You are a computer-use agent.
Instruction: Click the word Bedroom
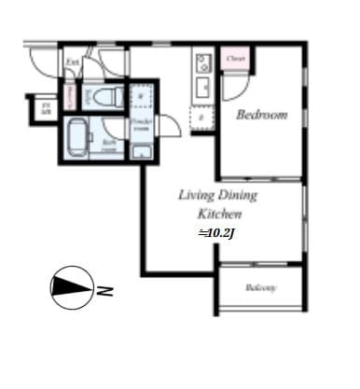click(x=261, y=115)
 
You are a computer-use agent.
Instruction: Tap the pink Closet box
click(x=235, y=59)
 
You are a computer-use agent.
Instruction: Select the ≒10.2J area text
click(x=215, y=232)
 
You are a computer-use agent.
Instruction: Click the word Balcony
click(x=261, y=288)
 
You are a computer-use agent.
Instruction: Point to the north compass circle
click(x=72, y=289)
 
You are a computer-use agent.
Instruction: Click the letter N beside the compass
click(x=105, y=290)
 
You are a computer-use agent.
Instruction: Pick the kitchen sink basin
click(x=202, y=90)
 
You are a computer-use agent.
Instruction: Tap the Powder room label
click(x=141, y=126)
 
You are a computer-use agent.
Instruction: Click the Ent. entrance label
click(x=72, y=63)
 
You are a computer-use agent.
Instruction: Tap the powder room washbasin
click(x=141, y=152)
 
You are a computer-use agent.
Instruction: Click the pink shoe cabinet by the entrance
click(x=70, y=97)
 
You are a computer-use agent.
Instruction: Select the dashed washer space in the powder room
click(x=141, y=94)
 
